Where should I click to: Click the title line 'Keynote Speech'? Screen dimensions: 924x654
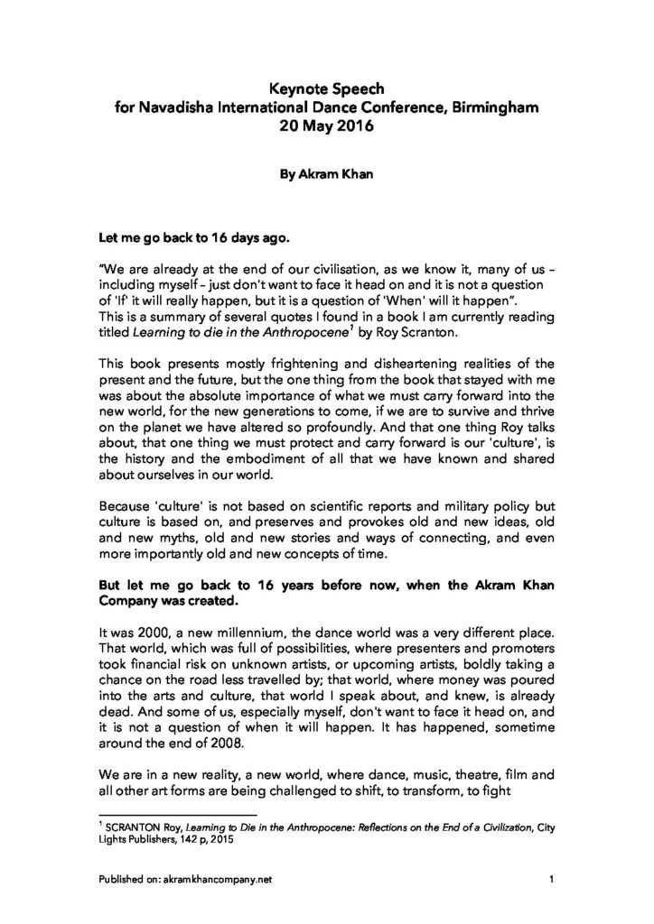[x=326, y=88]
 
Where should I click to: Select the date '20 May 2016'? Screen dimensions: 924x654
[x=326, y=126]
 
